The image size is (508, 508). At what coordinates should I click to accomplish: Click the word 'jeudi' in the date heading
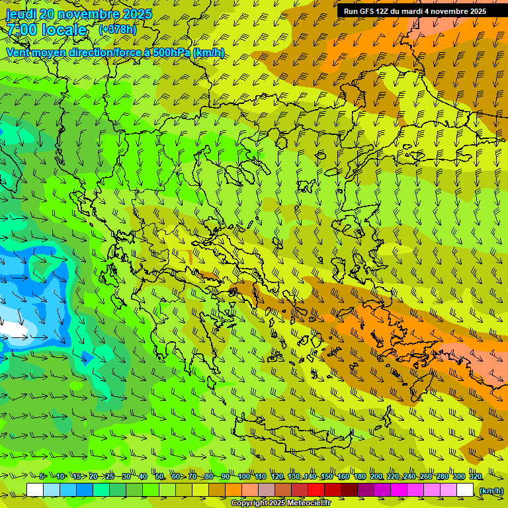[x=21, y=15]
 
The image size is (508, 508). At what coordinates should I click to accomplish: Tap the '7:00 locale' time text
[x=46, y=30]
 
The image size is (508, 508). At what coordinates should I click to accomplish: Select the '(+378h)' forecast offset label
[x=117, y=29]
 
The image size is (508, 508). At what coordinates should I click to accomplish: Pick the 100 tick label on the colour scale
[x=243, y=477]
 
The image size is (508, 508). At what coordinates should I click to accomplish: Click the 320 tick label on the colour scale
[x=475, y=477]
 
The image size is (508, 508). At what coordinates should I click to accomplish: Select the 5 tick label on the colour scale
[x=42, y=477]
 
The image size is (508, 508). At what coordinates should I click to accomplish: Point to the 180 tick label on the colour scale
[x=359, y=477]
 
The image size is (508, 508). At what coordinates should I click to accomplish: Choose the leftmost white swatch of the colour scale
[x=35, y=490]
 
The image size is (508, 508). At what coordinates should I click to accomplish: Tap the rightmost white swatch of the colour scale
[x=465, y=490]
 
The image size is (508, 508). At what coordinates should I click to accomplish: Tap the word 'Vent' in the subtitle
[x=19, y=52]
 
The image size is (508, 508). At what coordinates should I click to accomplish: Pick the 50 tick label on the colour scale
[x=159, y=477]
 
